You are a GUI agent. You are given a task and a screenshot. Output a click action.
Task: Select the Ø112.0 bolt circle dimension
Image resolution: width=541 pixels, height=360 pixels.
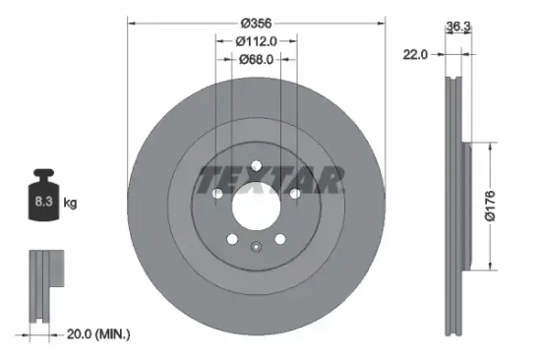tap(256, 40)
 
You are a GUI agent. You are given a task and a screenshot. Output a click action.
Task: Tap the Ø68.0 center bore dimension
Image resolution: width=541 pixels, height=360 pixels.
tap(256, 59)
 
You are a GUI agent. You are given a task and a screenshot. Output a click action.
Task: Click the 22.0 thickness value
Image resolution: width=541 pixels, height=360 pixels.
tap(415, 56)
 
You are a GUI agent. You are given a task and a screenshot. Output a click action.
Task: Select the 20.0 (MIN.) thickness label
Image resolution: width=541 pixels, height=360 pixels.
tap(98, 335)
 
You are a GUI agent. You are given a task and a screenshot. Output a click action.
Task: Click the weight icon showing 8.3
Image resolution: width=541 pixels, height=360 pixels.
tap(44, 199)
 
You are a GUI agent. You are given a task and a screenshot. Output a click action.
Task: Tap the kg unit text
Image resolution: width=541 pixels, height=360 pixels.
tap(72, 203)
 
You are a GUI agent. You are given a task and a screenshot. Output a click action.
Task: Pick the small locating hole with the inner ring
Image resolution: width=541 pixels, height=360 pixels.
tap(254, 248)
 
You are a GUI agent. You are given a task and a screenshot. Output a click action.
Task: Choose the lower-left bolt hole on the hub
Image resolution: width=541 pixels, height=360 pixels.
tap(230, 238)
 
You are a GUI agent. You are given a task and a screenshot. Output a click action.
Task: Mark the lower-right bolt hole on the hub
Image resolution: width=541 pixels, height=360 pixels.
tap(278, 238)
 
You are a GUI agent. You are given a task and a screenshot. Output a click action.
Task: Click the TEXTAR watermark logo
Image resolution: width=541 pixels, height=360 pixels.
tap(271, 180)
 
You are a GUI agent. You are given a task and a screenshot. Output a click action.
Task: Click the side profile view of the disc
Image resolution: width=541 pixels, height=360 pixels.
tap(456, 206)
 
